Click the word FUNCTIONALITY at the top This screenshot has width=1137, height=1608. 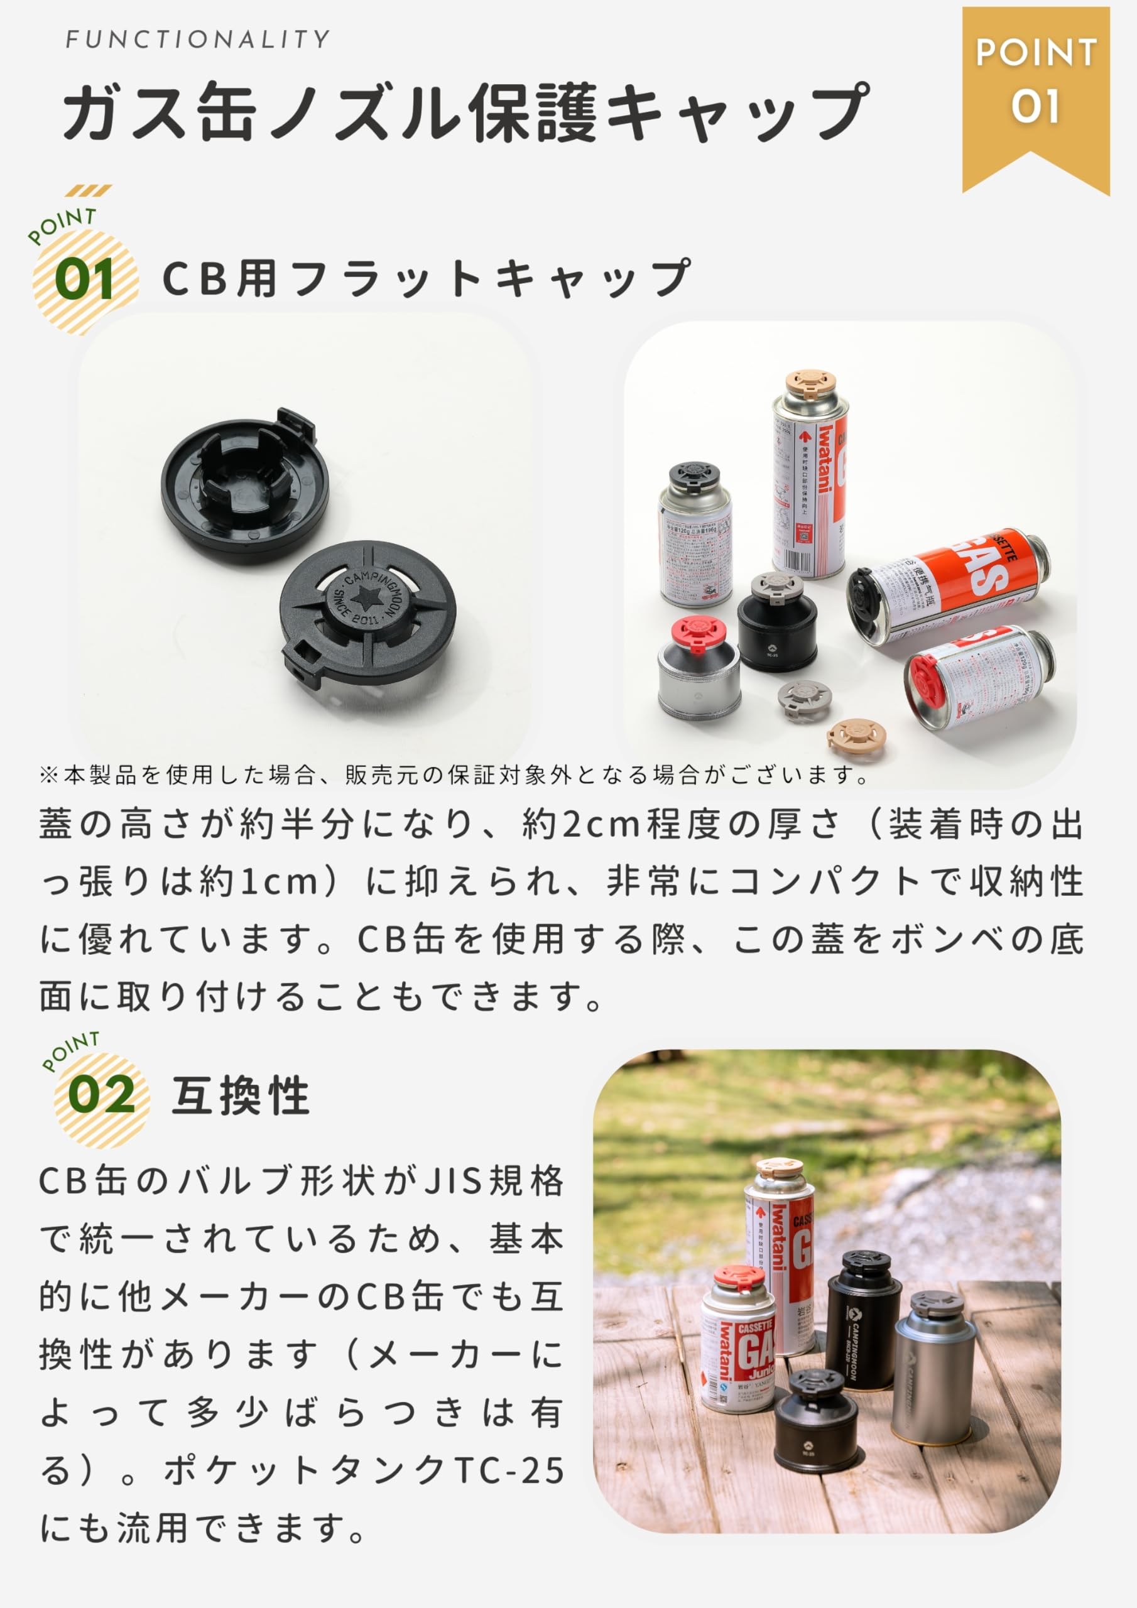[197, 39]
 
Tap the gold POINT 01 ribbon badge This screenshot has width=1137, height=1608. [1035, 84]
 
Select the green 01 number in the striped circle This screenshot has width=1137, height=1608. [85, 280]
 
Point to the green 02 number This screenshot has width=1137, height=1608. [101, 1094]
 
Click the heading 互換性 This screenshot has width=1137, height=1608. [241, 1095]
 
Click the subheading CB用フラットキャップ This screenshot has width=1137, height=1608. [426, 278]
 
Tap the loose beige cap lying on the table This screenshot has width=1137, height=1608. [856, 736]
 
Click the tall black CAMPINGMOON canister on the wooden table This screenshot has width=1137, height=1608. [862, 1321]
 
